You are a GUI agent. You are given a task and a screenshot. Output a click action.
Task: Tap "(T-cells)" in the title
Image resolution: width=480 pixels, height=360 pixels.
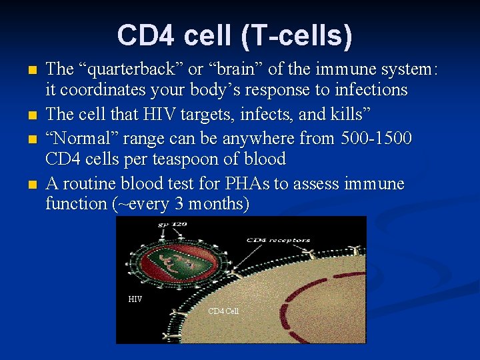[298, 36]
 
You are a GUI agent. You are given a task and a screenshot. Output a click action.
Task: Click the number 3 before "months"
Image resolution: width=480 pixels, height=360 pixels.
[177, 204]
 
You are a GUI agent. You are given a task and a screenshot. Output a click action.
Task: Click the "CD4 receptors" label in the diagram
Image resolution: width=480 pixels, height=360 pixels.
[278, 240]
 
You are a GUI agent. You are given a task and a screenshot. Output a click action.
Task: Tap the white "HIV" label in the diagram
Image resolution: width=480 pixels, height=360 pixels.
[135, 299]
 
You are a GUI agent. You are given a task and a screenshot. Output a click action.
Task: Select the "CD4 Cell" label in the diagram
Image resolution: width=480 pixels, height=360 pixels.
[223, 311]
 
